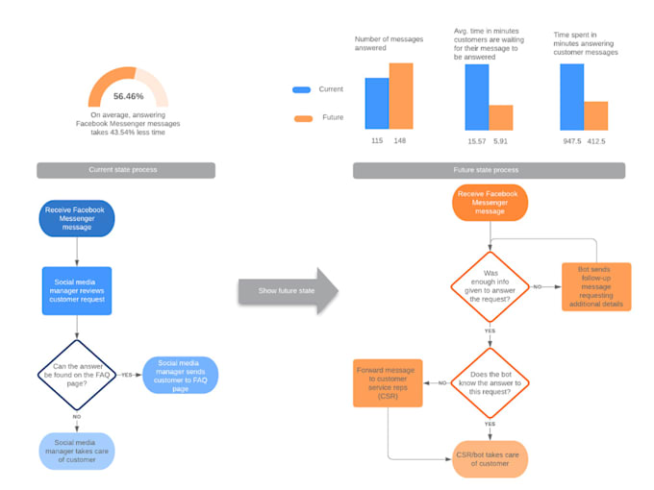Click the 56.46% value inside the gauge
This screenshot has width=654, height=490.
(128, 96)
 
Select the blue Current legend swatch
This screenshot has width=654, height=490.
(301, 89)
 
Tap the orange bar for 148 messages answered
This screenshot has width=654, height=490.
(401, 96)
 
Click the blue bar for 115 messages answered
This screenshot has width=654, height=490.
(377, 104)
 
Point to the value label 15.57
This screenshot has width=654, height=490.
(476, 141)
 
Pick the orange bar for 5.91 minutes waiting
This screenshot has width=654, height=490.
(501, 117)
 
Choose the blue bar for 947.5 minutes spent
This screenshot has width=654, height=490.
(571, 96)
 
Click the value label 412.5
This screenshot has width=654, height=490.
(596, 141)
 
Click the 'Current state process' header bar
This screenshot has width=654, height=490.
(126, 170)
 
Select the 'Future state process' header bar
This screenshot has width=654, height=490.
(489, 170)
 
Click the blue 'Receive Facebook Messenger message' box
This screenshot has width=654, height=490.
(78, 218)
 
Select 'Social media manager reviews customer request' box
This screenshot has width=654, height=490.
(77, 290)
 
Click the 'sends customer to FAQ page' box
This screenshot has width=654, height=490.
(180, 374)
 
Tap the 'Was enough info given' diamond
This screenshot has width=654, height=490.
(490, 285)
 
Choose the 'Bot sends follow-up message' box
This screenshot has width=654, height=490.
(596, 287)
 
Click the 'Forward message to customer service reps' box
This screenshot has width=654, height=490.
(388, 382)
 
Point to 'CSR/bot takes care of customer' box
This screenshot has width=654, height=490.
(490, 458)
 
